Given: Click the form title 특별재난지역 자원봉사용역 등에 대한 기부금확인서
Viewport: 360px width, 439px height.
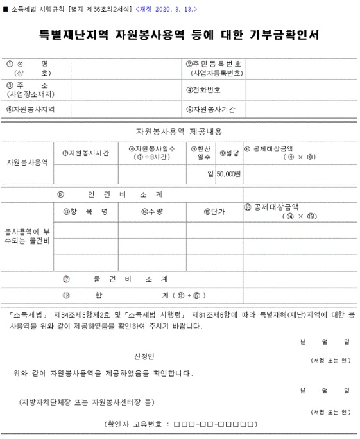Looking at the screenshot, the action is point(180,34).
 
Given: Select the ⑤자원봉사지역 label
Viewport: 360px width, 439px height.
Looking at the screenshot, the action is point(30,109).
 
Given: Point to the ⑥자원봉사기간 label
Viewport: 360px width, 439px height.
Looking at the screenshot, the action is point(210,109).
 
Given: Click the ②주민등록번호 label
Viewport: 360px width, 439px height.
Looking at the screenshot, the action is point(214,68).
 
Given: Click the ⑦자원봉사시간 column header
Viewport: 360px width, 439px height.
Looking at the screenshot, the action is point(85,153).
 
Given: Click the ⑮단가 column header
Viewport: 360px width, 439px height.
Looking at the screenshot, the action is point(214,211).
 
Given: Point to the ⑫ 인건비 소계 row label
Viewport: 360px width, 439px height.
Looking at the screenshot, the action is point(109,193).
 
